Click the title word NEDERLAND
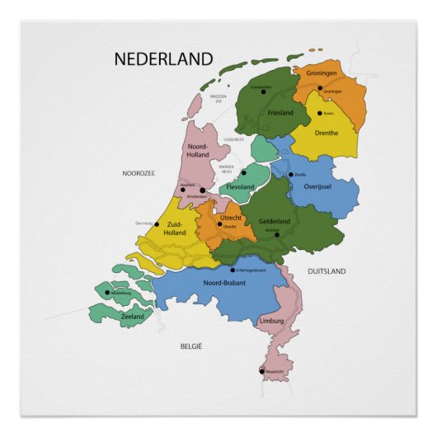pyautogui.click(x=163, y=59)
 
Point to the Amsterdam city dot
pyautogui.click(x=202, y=190)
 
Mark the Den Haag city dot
pyautogui.click(x=157, y=223)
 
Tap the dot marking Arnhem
pyautogui.click(x=277, y=235)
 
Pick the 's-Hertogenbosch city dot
pyautogui.click(x=233, y=269)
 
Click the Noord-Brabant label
pyautogui.click(x=214, y=283)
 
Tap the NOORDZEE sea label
pyautogui.click(x=139, y=173)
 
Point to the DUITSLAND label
pyautogui.click(x=327, y=270)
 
